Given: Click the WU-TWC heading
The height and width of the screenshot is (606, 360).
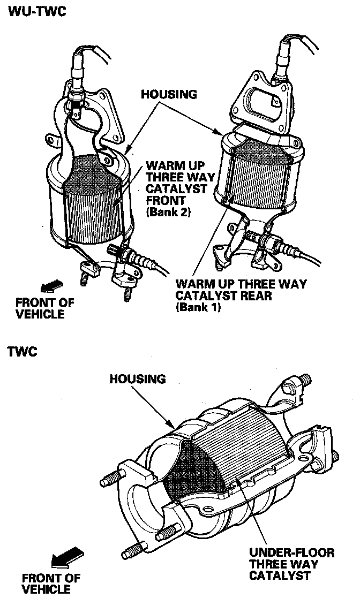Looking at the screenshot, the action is click(37, 11).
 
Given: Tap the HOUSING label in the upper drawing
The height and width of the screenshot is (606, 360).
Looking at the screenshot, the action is click(169, 94).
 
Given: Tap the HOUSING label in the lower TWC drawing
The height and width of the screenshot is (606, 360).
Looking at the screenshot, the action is click(138, 378).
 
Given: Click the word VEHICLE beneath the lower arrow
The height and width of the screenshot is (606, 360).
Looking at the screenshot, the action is click(46, 589).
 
